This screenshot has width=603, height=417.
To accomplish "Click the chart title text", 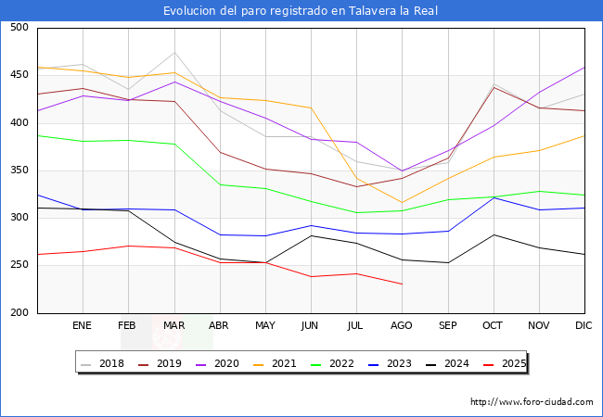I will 301,11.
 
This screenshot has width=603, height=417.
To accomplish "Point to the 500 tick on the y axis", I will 18,28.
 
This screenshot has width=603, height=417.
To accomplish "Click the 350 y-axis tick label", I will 18,171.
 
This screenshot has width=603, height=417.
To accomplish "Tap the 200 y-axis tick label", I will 18,313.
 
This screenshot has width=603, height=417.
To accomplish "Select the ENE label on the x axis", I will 83,326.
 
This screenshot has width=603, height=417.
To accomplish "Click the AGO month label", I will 402,326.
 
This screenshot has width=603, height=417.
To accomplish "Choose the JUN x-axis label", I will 311,326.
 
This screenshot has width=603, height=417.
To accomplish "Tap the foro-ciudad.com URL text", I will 532,402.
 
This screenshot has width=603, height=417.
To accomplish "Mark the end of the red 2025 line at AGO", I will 402,284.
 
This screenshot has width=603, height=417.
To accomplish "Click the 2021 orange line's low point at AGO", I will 402,202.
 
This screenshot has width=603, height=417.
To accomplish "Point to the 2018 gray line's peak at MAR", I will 173,53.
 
